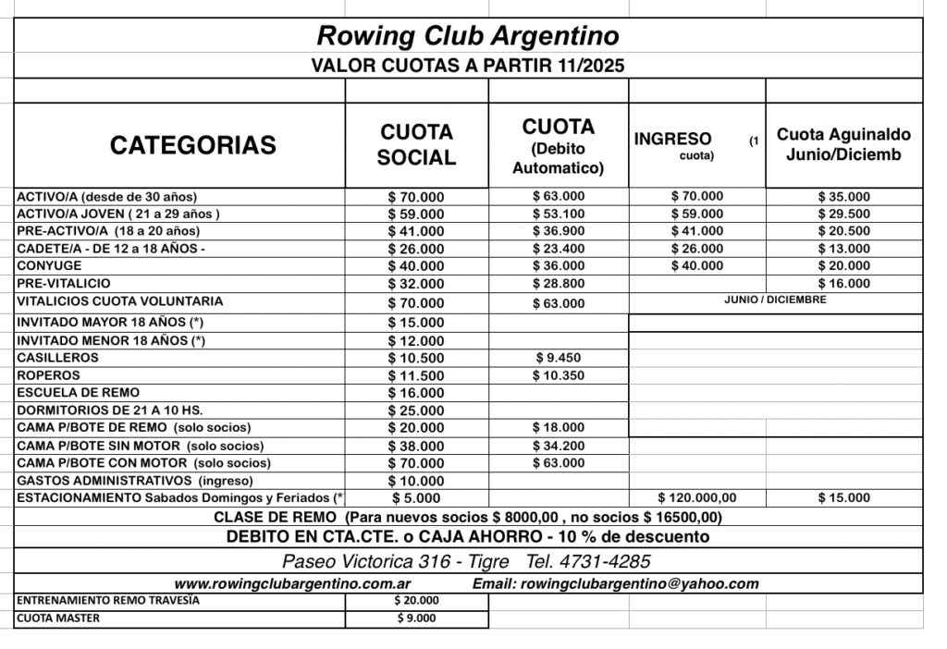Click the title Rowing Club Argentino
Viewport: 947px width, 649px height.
pyautogui.click(x=468, y=36)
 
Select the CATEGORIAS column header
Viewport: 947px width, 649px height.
pyautogui.click(x=192, y=145)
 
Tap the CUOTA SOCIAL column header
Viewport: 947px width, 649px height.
pyautogui.click(x=416, y=145)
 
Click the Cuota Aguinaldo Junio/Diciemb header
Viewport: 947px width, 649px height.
pyautogui.click(x=843, y=144)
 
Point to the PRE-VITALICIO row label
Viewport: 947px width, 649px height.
pyautogui.click(x=64, y=282)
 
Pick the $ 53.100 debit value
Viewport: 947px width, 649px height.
pyautogui.click(x=559, y=214)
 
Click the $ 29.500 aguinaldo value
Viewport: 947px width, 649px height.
pyautogui.click(x=843, y=214)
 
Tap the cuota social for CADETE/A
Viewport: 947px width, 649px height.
pyautogui.click(x=416, y=249)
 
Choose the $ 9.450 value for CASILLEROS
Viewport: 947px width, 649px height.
pyautogui.click(x=559, y=358)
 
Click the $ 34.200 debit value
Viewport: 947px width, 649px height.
pyautogui.click(x=559, y=445)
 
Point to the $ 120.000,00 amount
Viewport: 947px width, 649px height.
pyautogui.click(x=697, y=497)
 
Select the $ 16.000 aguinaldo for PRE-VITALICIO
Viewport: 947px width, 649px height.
pyautogui.click(x=843, y=284)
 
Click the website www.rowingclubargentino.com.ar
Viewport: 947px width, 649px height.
pyautogui.click(x=292, y=583)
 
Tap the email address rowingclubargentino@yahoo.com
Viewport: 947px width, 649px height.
pyautogui.click(x=615, y=583)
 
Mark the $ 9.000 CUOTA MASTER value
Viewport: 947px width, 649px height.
pyautogui.click(x=416, y=618)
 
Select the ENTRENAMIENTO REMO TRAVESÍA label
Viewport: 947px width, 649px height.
pyautogui.click(x=108, y=600)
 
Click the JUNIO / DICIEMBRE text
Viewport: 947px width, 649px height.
pyautogui.click(x=775, y=299)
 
